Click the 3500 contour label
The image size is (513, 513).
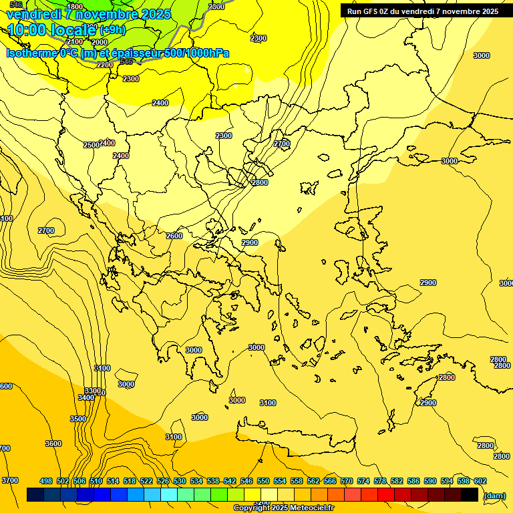78,419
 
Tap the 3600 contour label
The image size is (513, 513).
53,444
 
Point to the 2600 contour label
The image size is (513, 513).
174,236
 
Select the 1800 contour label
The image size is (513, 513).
75,7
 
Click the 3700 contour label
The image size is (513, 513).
10,480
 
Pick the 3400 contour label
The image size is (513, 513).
86,397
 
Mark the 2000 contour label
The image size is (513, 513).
100,41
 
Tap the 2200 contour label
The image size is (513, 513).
105,65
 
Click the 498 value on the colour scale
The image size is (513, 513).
46,481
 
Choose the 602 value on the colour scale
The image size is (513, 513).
480,481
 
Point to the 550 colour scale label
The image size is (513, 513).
263,481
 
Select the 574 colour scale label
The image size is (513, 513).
363,481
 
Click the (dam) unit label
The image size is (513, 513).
494,496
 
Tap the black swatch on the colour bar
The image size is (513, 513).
470,494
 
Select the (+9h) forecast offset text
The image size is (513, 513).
112,30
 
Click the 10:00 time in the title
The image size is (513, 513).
29,30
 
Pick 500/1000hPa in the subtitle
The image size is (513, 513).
197,53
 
